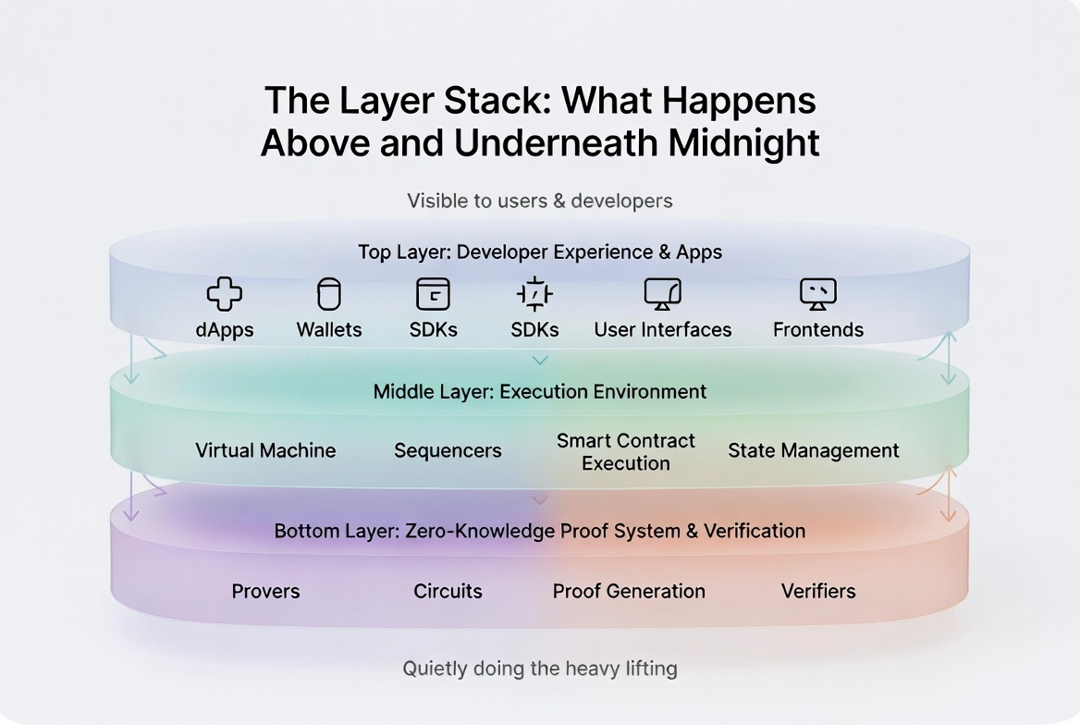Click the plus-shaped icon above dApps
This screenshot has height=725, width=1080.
[224, 294]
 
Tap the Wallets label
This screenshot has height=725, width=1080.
[329, 330]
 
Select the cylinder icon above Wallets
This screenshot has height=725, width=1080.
[329, 294]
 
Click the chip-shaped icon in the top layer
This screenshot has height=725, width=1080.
[534, 294]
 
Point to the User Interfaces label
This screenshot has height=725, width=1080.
[662, 330]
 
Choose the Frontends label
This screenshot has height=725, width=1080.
[817, 330]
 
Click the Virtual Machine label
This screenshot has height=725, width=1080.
[265, 450]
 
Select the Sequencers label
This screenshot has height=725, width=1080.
[448, 450]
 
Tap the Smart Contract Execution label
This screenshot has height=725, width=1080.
[626, 451]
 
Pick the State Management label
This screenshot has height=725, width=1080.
[813, 450]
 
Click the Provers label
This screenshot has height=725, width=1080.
[265, 591]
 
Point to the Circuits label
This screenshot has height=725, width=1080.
[448, 591]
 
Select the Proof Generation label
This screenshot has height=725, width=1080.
[629, 591]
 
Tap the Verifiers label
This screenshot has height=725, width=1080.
[818, 591]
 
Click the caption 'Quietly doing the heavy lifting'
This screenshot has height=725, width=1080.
[540, 668]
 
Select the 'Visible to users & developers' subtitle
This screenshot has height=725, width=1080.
[540, 200]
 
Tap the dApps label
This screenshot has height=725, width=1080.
[224, 330]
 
